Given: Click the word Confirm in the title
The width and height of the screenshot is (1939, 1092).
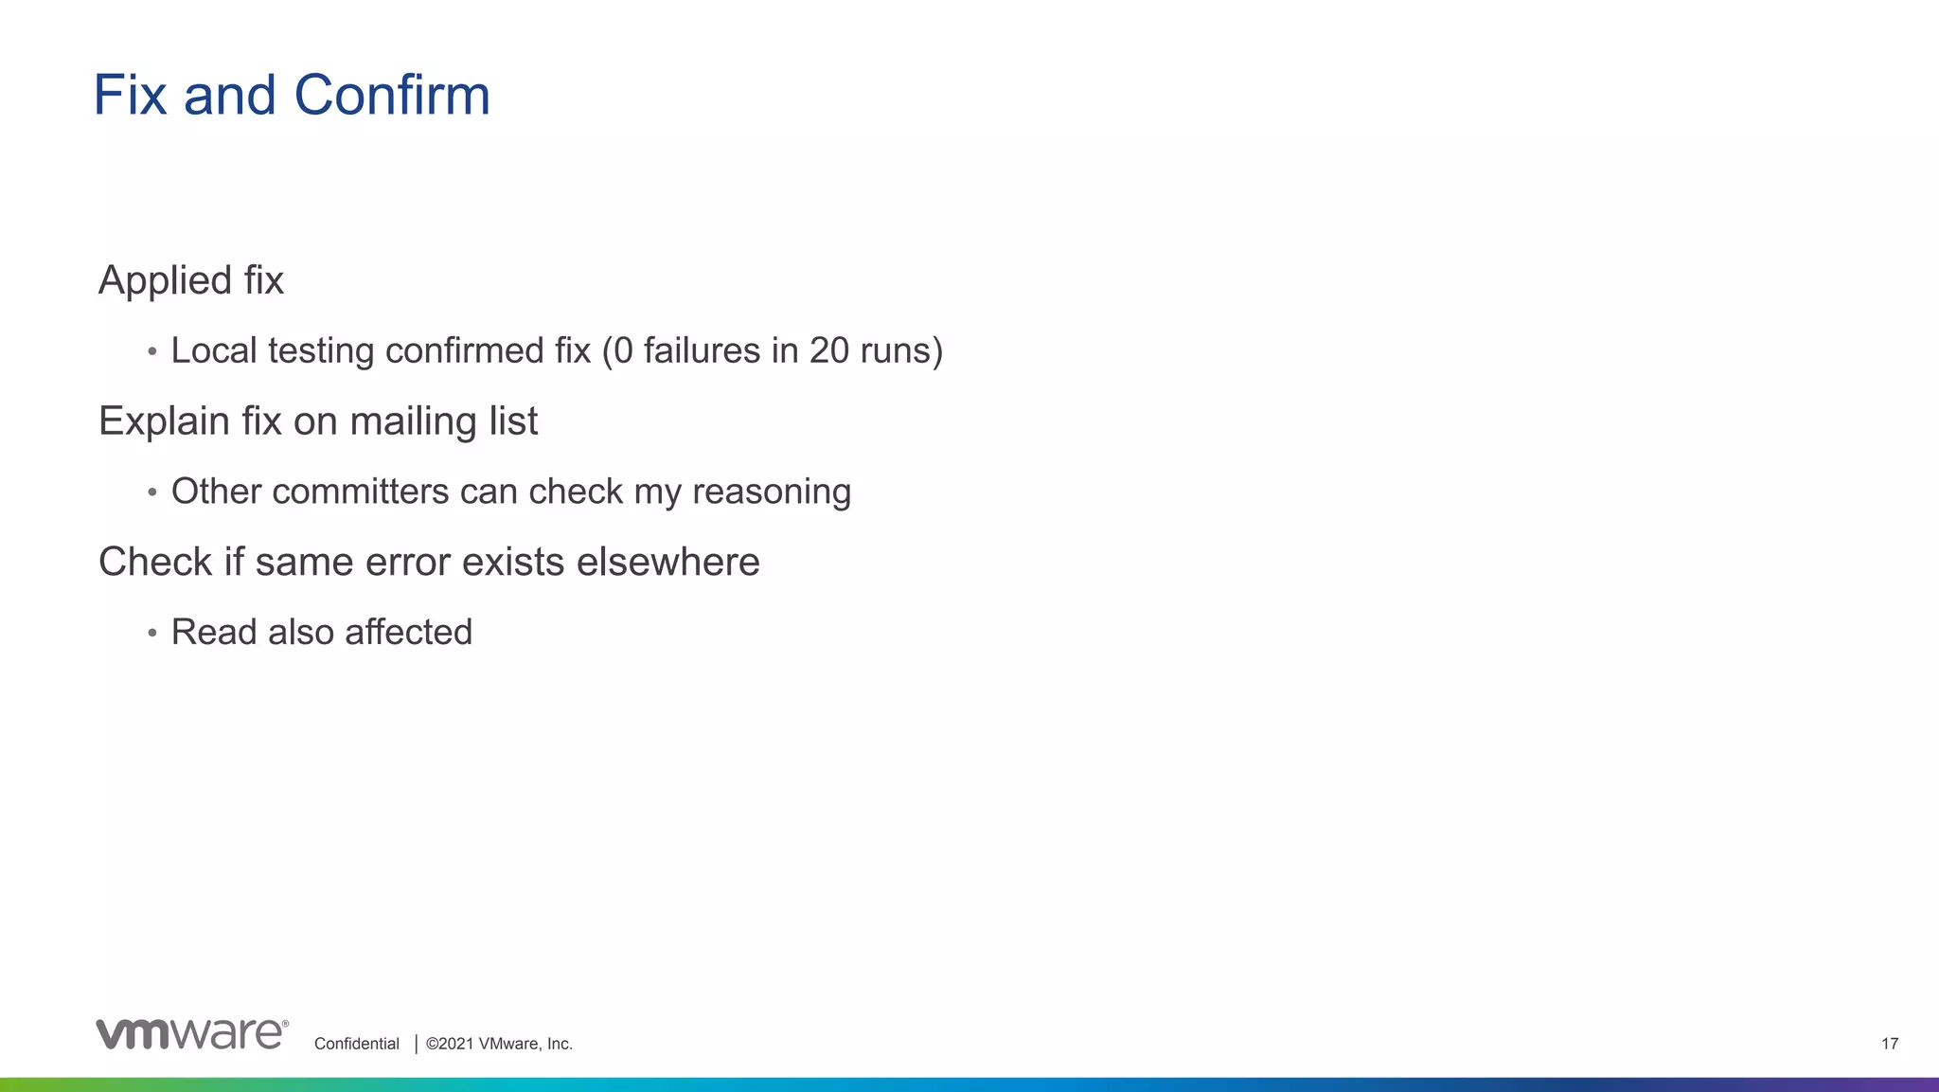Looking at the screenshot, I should (392, 96).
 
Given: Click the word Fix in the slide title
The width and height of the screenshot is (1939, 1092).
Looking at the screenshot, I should (131, 96).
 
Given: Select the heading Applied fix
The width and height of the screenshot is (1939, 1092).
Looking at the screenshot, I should (191, 280).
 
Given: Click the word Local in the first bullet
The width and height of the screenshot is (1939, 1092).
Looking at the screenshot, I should (214, 350).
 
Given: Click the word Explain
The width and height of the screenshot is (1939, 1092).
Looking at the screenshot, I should (164, 421).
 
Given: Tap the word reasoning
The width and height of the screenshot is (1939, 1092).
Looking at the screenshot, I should (772, 492).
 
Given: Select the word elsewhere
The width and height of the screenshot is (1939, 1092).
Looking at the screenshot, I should (667, 562).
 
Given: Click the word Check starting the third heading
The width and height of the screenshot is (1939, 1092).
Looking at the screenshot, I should (155, 562).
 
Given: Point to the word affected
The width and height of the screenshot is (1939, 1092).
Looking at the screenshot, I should (408, 632).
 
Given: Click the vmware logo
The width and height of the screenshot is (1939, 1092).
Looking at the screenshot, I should (191, 1033).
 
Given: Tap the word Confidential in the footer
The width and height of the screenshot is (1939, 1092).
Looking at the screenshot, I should (356, 1044).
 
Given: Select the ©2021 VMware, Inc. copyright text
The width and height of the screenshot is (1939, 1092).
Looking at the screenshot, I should (499, 1044).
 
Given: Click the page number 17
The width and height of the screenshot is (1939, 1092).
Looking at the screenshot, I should (1889, 1044).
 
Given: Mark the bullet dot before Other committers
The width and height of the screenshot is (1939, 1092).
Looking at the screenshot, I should (152, 492).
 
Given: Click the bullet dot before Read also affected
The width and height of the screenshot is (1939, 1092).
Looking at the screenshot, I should (152, 633).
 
